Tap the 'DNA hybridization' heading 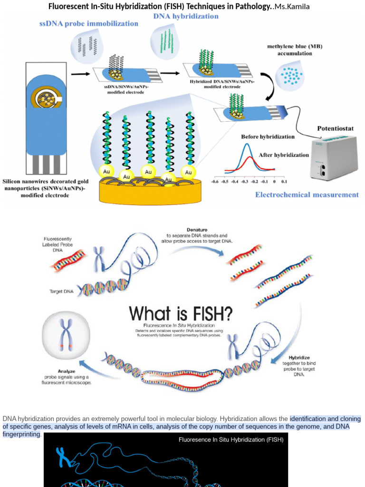[186, 16]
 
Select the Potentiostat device [334, 156]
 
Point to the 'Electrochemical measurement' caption [307, 195]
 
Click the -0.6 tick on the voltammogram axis [214, 182]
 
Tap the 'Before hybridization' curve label [268, 136]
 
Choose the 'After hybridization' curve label [284, 155]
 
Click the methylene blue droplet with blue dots [290, 75]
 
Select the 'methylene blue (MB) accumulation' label [295, 50]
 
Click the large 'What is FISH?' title [181, 313]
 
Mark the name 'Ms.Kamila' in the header [292, 7]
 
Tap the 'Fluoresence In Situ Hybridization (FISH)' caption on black [231, 440]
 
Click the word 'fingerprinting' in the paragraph [22, 435]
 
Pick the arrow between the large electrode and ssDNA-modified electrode [80, 74]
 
